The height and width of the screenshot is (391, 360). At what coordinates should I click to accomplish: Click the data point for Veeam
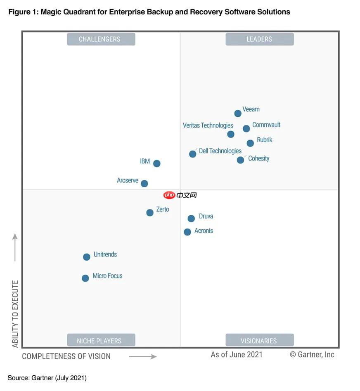click(x=238, y=113)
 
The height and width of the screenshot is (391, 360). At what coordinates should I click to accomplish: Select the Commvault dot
click(x=246, y=129)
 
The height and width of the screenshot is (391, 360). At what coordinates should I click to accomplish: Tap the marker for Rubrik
click(x=250, y=143)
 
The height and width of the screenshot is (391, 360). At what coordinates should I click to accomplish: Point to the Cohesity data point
click(x=241, y=160)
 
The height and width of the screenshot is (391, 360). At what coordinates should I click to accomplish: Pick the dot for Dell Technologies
click(x=193, y=154)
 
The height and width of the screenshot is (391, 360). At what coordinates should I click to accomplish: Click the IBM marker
click(x=157, y=163)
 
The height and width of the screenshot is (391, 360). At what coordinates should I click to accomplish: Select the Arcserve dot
click(x=144, y=184)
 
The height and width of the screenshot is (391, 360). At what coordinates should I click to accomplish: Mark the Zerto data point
click(x=150, y=213)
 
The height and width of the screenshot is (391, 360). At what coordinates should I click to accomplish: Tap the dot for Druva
click(x=191, y=219)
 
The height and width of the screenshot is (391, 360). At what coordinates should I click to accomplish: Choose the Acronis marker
click(x=187, y=232)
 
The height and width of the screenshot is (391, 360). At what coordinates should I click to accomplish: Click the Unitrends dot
click(x=87, y=257)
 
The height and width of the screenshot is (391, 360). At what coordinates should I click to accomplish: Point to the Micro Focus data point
click(x=85, y=278)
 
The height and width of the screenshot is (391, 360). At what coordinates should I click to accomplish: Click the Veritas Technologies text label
click(x=208, y=125)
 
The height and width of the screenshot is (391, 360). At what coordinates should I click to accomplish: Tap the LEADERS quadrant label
click(x=259, y=39)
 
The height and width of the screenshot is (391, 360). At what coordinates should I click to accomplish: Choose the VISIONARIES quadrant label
click(x=259, y=341)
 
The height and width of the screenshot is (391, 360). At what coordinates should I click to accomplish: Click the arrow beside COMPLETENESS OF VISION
click(x=143, y=356)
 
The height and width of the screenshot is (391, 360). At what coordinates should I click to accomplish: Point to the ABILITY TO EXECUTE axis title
click(x=15, y=313)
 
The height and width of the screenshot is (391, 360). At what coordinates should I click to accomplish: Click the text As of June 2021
click(x=237, y=355)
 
